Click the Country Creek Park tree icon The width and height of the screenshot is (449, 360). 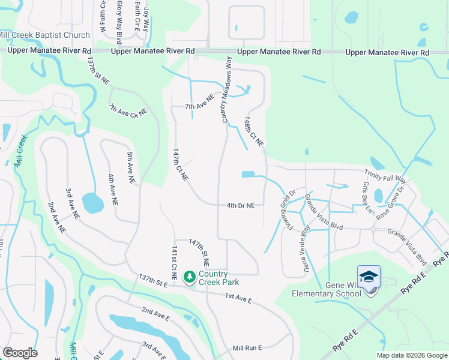pyautogui.click(x=190, y=276)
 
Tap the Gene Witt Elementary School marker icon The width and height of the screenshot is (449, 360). pyautogui.click(x=369, y=277)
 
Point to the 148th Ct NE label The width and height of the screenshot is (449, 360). pyautogui.click(x=255, y=132)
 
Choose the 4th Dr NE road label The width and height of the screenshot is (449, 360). pyautogui.click(x=241, y=205)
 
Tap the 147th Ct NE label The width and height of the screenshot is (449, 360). pyautogui.click(x=181, y=165)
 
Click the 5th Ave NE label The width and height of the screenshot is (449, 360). pyautogui.click(x=131, y=167)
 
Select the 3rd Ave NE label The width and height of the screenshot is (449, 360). pyautogui.click(x=73, y=203)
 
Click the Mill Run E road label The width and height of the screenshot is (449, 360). pyautogui.click(x=249, y=348)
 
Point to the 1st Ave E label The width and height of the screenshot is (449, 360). pyautogui.click(x=238, y=296)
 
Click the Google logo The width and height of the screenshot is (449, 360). pyautogui.click(x=20, y=353)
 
